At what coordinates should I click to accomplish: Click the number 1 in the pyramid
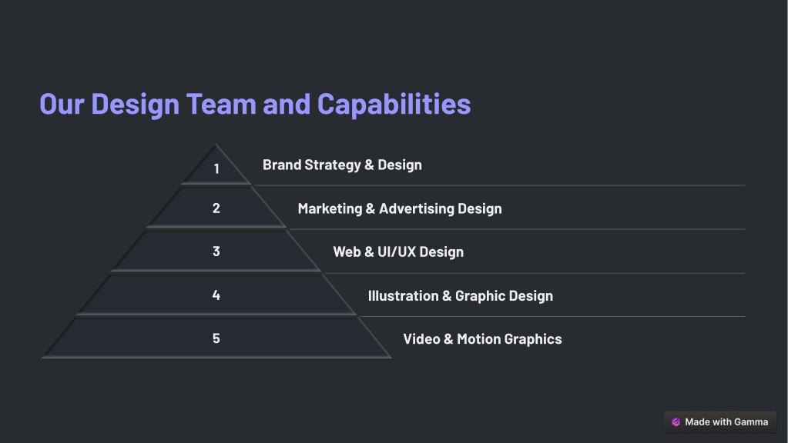click(216, 169)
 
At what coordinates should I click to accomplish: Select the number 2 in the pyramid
click(216, 208)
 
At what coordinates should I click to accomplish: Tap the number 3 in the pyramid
click(216, 251)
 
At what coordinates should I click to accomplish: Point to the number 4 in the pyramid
click(216, 295)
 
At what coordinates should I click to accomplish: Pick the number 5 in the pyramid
click(216, 338)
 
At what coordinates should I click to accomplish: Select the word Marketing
click(330, 208)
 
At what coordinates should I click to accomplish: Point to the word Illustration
click(403, 296)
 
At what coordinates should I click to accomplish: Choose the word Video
click(421, 339)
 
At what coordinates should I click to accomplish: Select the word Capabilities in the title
click(394, 105)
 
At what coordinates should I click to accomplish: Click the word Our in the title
click(62, 104)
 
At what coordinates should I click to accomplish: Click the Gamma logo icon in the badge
click(676, 422)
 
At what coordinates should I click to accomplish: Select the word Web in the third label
click(347, 251)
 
